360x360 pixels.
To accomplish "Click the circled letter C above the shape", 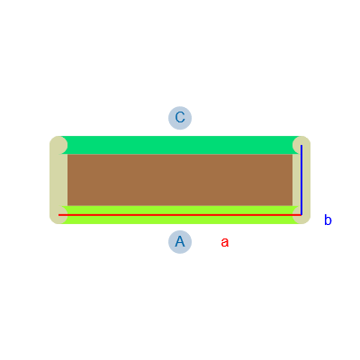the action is (180, 118).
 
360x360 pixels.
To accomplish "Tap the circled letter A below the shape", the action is (180, 242).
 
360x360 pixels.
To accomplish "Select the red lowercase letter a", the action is (225, 242).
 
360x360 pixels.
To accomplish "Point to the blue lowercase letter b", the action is (328, 220).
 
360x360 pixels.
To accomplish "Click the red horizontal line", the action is (180, 215).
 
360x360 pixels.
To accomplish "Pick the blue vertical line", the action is (301, 180).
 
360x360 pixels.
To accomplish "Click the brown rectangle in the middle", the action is (180, 180).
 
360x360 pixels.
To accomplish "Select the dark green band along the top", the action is (180, 145).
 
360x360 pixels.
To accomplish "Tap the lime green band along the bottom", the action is (180, 215).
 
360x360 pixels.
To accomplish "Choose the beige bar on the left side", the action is (58, 180).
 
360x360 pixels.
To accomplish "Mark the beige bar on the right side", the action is (301, 180).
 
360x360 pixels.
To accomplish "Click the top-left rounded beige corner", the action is (58, 145).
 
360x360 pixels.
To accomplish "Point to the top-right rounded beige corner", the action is (301, 145).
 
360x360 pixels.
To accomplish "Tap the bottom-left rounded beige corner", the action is (58, 215).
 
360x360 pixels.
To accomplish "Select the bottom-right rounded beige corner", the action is (301, 215).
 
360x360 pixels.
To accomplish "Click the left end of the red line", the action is (58, 215).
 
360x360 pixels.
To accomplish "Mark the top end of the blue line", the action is (301, 145).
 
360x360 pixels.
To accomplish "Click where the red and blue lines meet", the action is (301, 215).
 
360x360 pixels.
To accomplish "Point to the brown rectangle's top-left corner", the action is (67, 154).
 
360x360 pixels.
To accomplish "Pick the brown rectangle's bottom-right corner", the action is (292, 206).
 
